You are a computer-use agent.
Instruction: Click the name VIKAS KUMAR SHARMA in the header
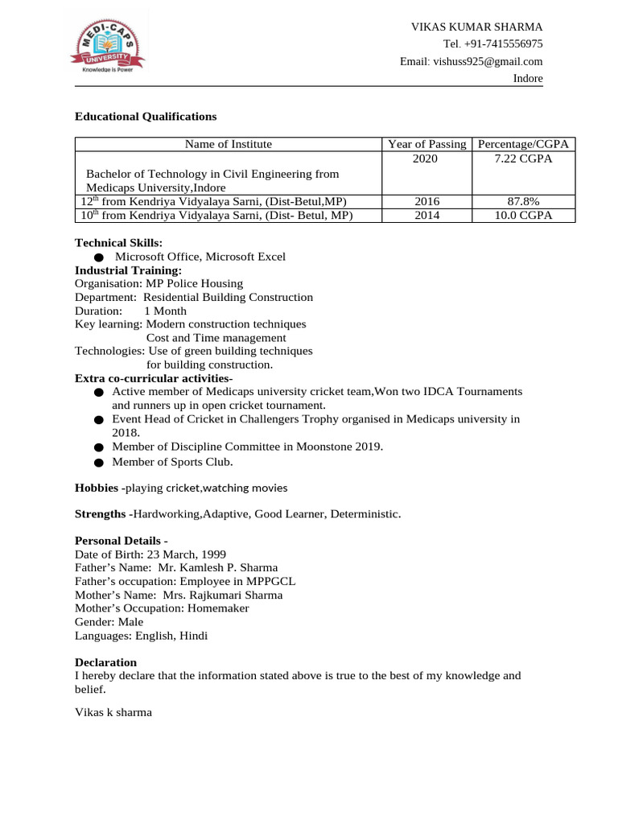click(476, 27)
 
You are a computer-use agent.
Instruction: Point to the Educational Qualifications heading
click(146, 117)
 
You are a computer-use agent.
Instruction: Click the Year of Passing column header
click(426, 144)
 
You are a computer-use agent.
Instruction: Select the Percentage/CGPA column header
click(523, 144)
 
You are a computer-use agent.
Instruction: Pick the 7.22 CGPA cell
click(523, 159)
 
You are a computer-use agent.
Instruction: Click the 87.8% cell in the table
click(523, 201)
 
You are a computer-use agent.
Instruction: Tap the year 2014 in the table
click(426, 216)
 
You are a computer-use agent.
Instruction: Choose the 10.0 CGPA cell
click(523, 216)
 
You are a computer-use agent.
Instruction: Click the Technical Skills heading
click(118, 243)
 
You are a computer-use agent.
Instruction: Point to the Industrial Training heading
click(128, 270)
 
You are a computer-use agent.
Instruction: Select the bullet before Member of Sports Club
click(98, 463)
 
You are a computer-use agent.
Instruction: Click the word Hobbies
click(97, 488)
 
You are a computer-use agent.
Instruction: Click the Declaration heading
click(105, 662)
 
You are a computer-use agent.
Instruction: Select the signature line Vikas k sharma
click(113, 712)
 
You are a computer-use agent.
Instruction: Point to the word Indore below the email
click(528, 79)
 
